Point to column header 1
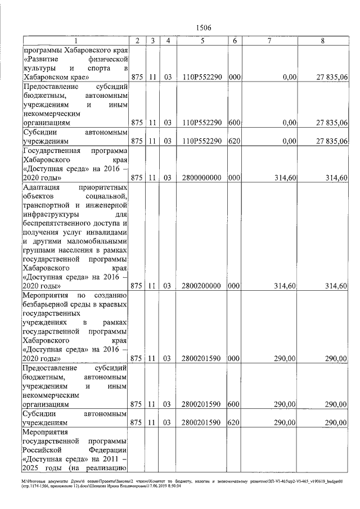(75, 40)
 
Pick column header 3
(153, 40)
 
